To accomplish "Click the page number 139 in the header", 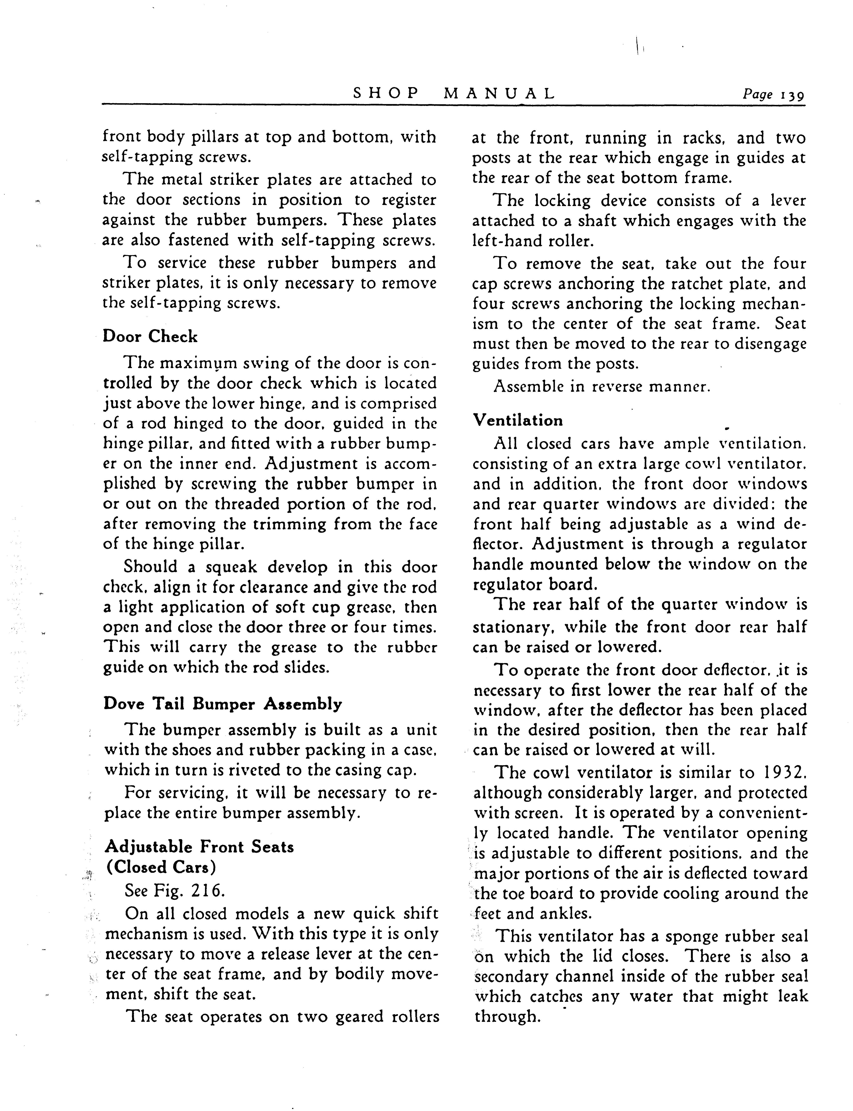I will point(792,95).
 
